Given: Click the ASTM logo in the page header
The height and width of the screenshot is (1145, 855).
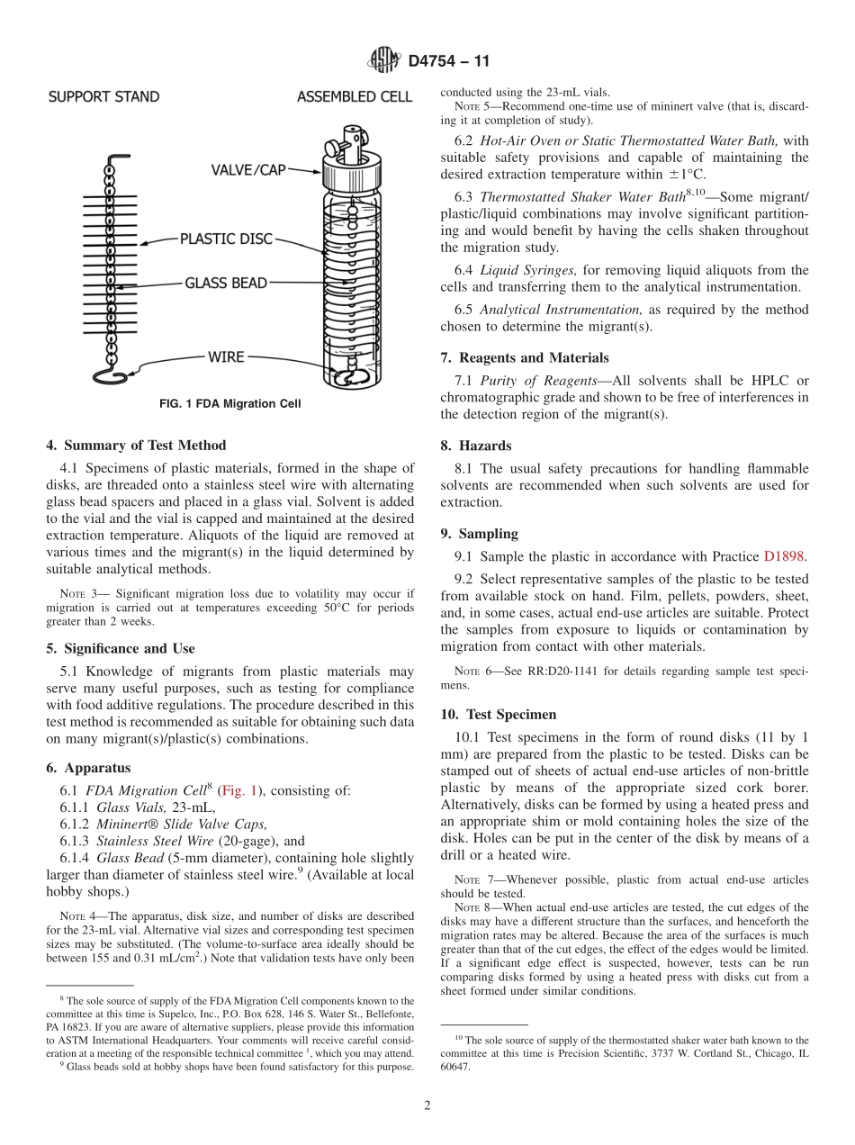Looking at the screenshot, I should pyautogui.click(x=385, y=61).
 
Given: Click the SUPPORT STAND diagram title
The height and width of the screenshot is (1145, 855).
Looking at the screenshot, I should pyautogui.click(x=103, y=97).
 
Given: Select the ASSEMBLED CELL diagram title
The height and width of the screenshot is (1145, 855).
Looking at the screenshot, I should pyautogui.click(x=355, y=97).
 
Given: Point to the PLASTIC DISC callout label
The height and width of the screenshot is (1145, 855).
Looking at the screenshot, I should pyautogui.click(x=226, y=239).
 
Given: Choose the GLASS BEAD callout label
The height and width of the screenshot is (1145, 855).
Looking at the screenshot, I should pyautogui.click(x=226, y=284).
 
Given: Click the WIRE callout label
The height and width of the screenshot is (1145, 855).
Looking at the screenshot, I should pyautogui.click(x=226, y=357).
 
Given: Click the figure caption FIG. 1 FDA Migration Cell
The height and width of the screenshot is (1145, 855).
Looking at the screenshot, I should pyautogui.click(x=230, y=404).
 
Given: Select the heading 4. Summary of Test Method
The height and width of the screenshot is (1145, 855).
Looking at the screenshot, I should pyautogui.click(x=136, y=446).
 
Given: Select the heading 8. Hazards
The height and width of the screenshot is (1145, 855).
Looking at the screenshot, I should pyautogui.click(x=475, y=446).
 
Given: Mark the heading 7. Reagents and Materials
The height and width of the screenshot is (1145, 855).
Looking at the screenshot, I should pyautogui.click(x=525, y=357).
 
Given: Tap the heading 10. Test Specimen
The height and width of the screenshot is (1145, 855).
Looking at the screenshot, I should pyautogui.click(x=498, y=715).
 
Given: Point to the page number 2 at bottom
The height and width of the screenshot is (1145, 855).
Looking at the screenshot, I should pyautogui.click(x=427, y=1105).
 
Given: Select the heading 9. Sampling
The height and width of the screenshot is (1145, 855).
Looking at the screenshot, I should pyautogui.click(x=479, y=534).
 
